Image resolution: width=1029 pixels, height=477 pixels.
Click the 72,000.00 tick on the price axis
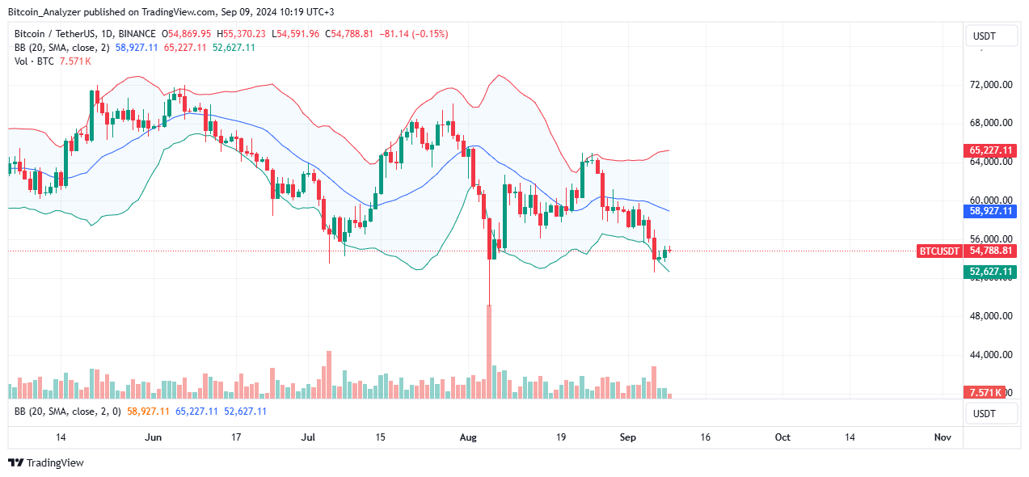point(991,84)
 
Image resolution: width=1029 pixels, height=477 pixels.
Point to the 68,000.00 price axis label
point(991,123)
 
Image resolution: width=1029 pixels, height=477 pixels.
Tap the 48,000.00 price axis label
point(991,316)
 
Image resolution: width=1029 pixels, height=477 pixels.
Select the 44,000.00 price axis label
point(991,355)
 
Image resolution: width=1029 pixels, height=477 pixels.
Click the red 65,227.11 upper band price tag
point(990,150)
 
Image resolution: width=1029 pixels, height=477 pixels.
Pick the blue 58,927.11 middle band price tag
point(990,210)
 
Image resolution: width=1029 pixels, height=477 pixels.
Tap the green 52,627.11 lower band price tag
point(990,272)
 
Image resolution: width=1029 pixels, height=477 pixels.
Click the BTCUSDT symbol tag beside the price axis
point(939,251)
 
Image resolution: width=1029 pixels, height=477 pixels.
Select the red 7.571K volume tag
point(985,392)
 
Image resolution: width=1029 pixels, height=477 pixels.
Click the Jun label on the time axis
point(152,437)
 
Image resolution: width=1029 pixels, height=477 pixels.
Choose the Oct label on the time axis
point(782,437)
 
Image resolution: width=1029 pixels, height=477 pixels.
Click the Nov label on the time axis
point(943,437)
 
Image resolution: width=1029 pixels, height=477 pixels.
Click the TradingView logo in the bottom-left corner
point(46,463)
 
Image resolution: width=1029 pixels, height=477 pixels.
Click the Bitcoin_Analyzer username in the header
point(45,12)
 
